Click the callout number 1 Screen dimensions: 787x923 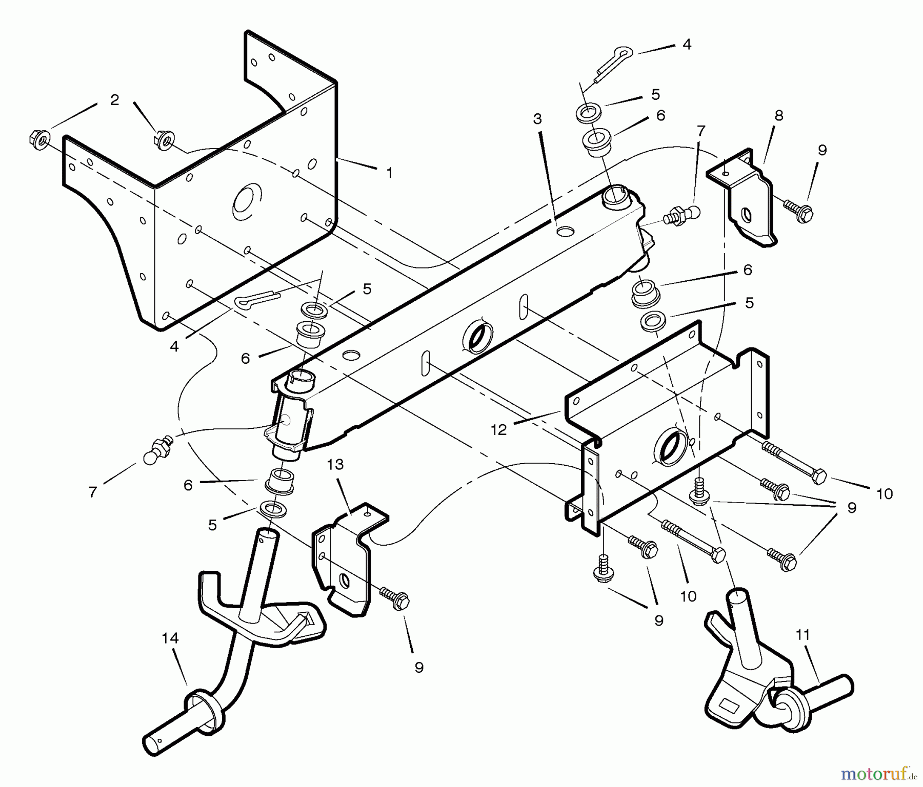click(x=390, y=173)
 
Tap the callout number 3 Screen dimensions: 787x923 click(x=537, y=119)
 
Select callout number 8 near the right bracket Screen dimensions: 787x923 click(x=779, y=116)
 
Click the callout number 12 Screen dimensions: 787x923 click(x=498, y=429)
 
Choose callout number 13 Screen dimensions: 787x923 click(x=335, y=465)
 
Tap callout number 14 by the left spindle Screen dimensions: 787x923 click(x=170, y=638)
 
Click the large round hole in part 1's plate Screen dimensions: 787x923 click(x=247, y=200)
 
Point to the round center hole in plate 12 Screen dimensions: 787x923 click(x=669, y=446)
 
